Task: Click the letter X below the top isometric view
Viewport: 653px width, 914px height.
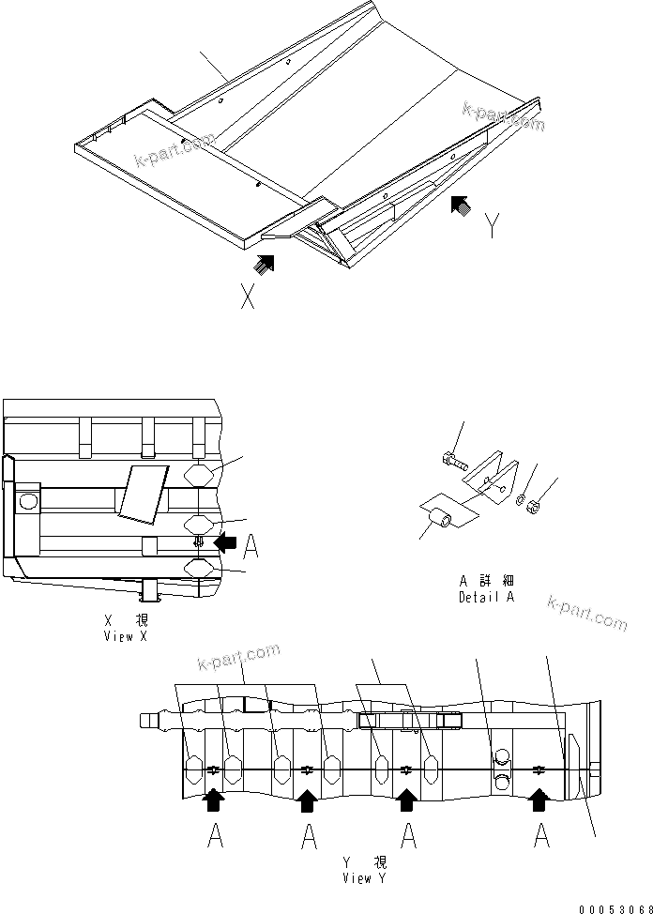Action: [248, 297]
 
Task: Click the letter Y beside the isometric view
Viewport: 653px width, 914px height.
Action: [492, 226]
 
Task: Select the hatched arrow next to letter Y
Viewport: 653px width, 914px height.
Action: [461, 204]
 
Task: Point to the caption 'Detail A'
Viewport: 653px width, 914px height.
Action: [486, 590]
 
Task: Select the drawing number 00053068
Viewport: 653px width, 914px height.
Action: [613, 906]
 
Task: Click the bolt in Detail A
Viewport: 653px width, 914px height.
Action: [451, 460]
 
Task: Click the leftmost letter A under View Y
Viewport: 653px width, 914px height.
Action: [214, 834]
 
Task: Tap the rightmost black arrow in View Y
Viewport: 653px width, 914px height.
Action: [539, 800]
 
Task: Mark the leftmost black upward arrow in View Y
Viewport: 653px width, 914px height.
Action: [214, 800]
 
